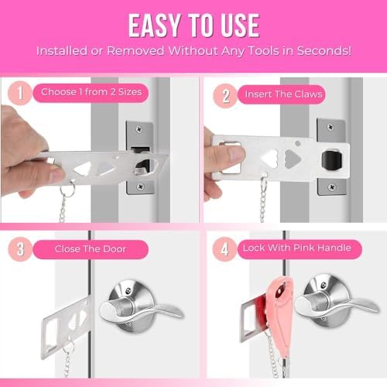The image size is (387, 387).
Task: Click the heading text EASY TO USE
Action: [193, 26]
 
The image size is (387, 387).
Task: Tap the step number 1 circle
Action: [20, 93]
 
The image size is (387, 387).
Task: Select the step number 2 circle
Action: [225, 96]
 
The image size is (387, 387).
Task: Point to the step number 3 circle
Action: [20, 249]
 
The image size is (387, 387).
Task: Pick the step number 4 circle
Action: [224, 249]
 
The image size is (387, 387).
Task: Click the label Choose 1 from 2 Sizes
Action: [91, 92]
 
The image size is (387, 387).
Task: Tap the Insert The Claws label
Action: [283, 94]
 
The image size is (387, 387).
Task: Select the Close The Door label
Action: [91, 249]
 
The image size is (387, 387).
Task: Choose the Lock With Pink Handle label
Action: [297, 248]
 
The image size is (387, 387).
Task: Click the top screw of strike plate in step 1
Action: [139, 129]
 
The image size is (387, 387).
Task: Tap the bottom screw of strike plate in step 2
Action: [332, 187]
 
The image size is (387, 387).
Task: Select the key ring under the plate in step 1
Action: [68, 190]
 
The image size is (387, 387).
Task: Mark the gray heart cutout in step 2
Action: [293, 159]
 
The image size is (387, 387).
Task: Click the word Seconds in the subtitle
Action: [324, 51]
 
